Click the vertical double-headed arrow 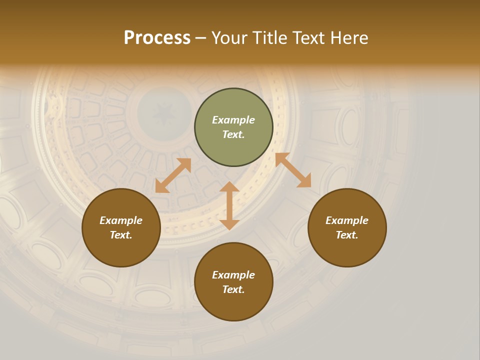(x=229, y=205)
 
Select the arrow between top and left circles (x=173, y=175)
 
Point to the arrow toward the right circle (x=293, y=170)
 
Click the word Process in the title (x=157, y=38)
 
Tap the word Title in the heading (x=269, y=38)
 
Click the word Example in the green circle (x=233, y=120)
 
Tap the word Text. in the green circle (x=233, y=134)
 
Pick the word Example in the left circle (x=121, y=220)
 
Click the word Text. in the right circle (x=347, y=235)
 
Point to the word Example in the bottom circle (x=233, y=275)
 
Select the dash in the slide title (x=201, y=38)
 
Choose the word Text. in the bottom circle (x=233, y=289)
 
